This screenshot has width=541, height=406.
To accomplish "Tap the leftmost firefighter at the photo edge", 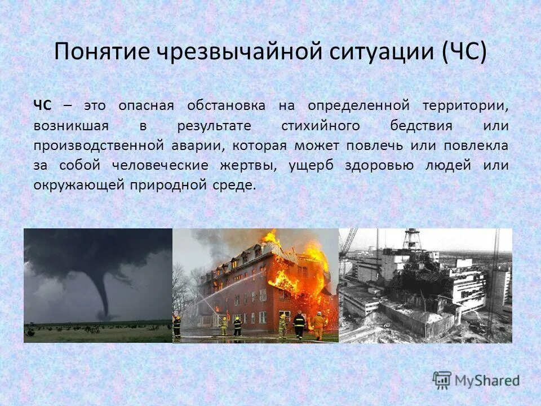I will point(176,326).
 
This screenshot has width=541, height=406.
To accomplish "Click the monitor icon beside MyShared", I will point(442,379).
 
